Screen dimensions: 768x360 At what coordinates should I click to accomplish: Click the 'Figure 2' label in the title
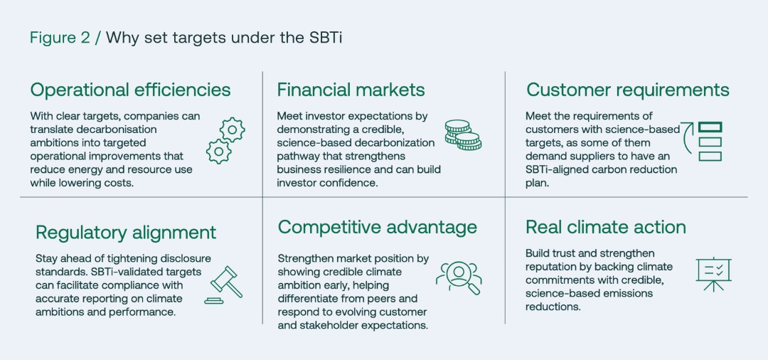pyautogui.click(x=60, y=38)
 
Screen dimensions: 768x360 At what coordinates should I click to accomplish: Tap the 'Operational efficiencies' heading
pyautogui.click(x=130, y=90)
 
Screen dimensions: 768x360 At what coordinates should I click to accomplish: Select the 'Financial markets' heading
pyautogui.click(x=351, y=90)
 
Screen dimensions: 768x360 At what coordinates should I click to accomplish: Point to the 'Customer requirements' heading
pyautogui.click(x=627, y=90)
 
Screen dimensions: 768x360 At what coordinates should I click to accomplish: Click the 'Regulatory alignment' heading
pyautogui.click(x=126, y=232)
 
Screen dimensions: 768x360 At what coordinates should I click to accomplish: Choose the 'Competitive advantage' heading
pyautogui.click(x=377, y=227)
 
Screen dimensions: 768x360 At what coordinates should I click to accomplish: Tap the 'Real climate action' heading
pyautogui.click(x=606, y=227)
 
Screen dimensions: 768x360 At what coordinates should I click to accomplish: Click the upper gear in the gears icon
pyautogui.click(x=232, y=129)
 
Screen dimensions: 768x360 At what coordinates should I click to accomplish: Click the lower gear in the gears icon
pyautogui.click(x=219, y=152)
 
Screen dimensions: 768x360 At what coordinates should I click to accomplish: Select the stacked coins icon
pyautogui.click(x=463, y=134)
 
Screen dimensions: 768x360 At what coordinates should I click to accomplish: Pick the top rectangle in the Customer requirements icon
pyautogui.click(x=710, y=127)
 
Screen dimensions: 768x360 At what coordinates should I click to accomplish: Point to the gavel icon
pyautogui.click(x=224, y=285)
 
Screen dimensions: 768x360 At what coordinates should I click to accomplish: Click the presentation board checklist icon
pyautogui.click(x=713, y=275)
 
